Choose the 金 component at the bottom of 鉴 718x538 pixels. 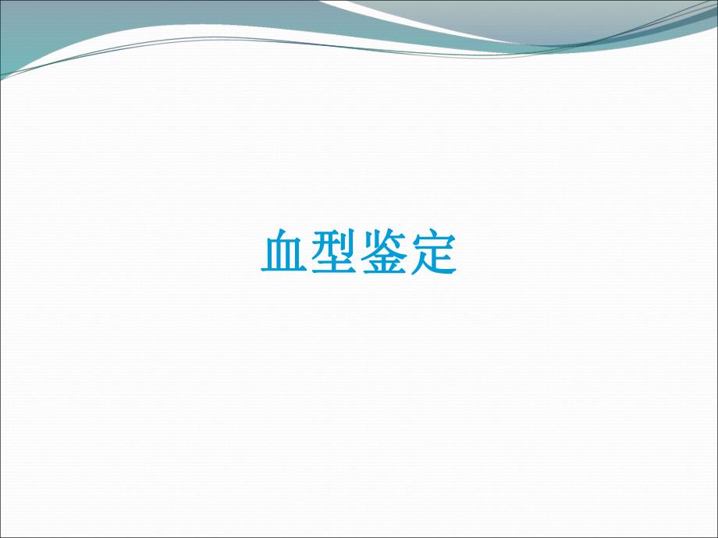tap(383, 264)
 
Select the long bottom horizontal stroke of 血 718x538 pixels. tap(283, 271)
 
